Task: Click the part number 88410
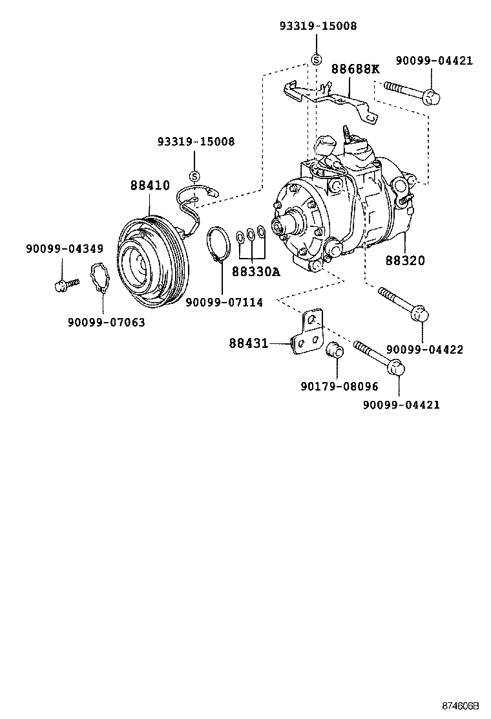pyautogui.click(x=150, y=186)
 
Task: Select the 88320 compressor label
pyautogui.click(x=405, y=261)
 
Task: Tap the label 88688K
pyautogui.click(x=355, y=69)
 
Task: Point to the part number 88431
pyautogui.click(x=248, y=343)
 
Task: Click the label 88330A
pyautogui.click(x=256, y=272)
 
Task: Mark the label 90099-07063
pyautogui.click(x=106, y=321)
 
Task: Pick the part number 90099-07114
pyautogui.click(x=224, y=302)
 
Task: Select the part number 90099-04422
pyautogui.click(x=424, y=350)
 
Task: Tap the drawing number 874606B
pyautogui.click(x=461, y=707)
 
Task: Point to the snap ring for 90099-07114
pyautogui.click(x=218, y=244)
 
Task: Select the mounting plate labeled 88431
pyautogui.click(x=307, y=333)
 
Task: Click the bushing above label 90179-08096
pyautogui.click(x=335, y=349)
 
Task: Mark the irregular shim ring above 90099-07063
pyautogui.click(x=99, y=277)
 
